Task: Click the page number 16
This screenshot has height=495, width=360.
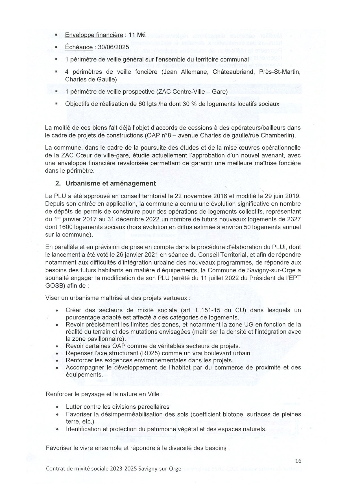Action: coord(298,461)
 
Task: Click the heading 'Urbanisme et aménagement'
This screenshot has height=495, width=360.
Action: coord(110,183)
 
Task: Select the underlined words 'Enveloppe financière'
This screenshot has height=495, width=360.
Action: coord(94,35)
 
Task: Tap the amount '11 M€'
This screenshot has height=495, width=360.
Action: coord(137,35)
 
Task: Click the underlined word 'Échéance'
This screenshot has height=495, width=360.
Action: coord(79,47)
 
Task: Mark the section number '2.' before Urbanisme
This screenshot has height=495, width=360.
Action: coord(58,183)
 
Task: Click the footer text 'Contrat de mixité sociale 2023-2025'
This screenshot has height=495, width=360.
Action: coord(91,469)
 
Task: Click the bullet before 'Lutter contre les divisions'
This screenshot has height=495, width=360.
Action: coord(57,407)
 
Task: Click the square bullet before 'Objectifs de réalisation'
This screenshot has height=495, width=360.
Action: coord(56,104)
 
